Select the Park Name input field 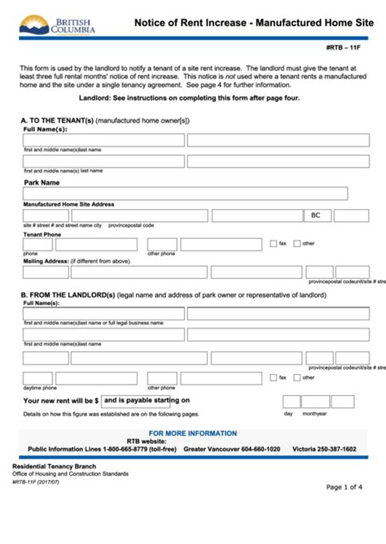185,194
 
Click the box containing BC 317,215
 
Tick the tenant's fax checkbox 273,243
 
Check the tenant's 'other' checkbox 297,243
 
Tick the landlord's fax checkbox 273,377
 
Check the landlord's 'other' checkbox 297,377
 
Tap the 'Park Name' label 42,183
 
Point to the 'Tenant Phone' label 42,234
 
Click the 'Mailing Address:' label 45,261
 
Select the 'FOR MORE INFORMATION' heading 193,433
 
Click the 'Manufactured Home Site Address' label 68,204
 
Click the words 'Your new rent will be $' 60,401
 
